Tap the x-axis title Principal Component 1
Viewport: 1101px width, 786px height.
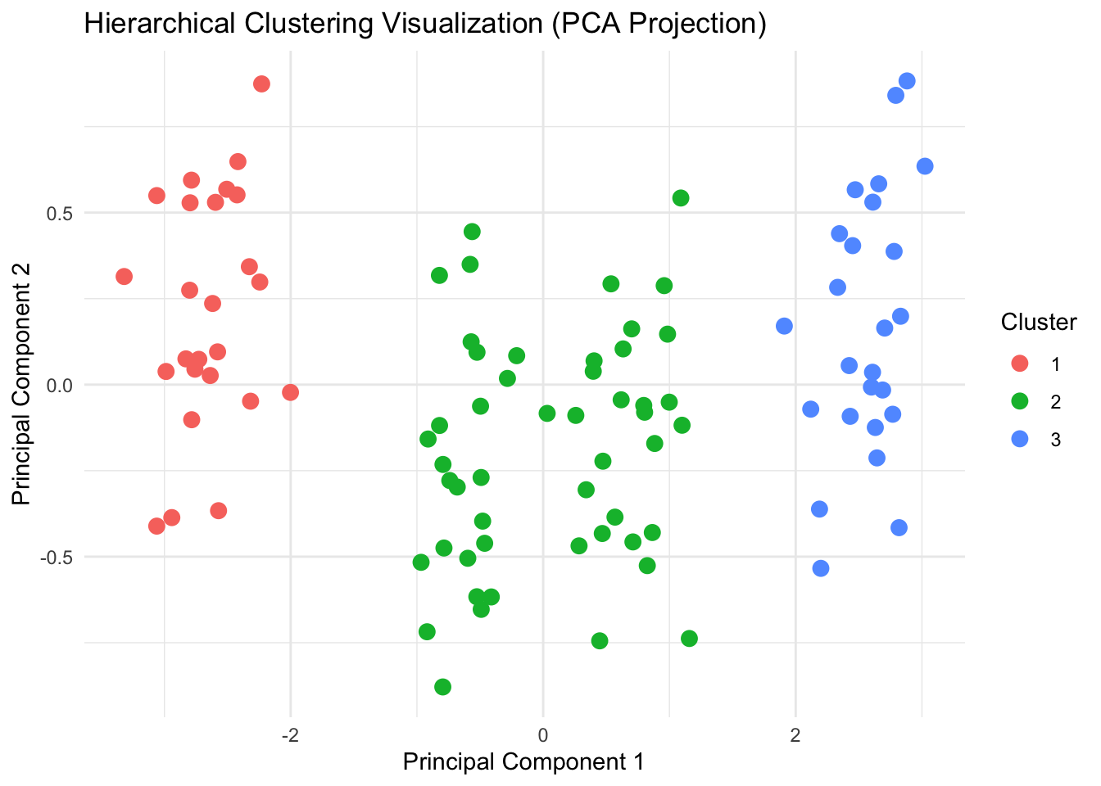click(x=523, y=761)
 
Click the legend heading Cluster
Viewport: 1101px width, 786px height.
click(x=1039, y=323)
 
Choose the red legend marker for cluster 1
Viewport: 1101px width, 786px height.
click(x=1020, y=364)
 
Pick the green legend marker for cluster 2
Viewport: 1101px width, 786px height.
click(x=1020, y=401)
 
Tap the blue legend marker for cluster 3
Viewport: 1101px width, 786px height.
click(x=1020, y=439)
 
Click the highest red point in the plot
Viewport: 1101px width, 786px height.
click(x=261, y=84)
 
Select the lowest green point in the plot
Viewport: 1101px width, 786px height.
click(x=442, y=687)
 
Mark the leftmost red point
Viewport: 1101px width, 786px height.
click(x=124, y=277)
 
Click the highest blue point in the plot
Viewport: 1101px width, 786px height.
click(x=907, y=81)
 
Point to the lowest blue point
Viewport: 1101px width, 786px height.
click(x=821, y=568)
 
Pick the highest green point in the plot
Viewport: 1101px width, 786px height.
click(x=681, y=198)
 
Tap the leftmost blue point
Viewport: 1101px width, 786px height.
click(x=784, y=326)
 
